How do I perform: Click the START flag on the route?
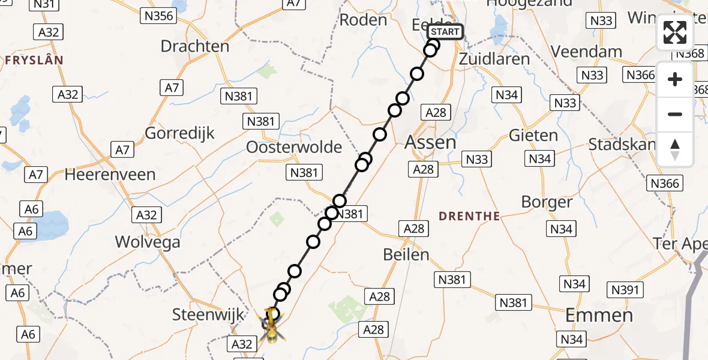[x=446, y=32]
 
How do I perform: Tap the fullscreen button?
[x=675, y=32]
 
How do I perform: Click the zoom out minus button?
[x=675, y=114]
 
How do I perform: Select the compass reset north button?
[x=675, y=149]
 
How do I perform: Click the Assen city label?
[x=430, y=142]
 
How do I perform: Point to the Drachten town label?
[x=195, y=46]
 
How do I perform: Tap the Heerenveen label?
[x=110, y=175]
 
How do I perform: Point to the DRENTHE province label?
[x=469, y=216]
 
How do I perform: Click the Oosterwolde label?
[x=294, y=147]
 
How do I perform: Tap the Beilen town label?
[x=406, y=254]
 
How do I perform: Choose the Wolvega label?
[x=148, y=242]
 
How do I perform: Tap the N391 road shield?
[x=625, y=290]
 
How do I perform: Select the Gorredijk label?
[x=180, y=133]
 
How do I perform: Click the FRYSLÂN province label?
[x=34, y=60]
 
